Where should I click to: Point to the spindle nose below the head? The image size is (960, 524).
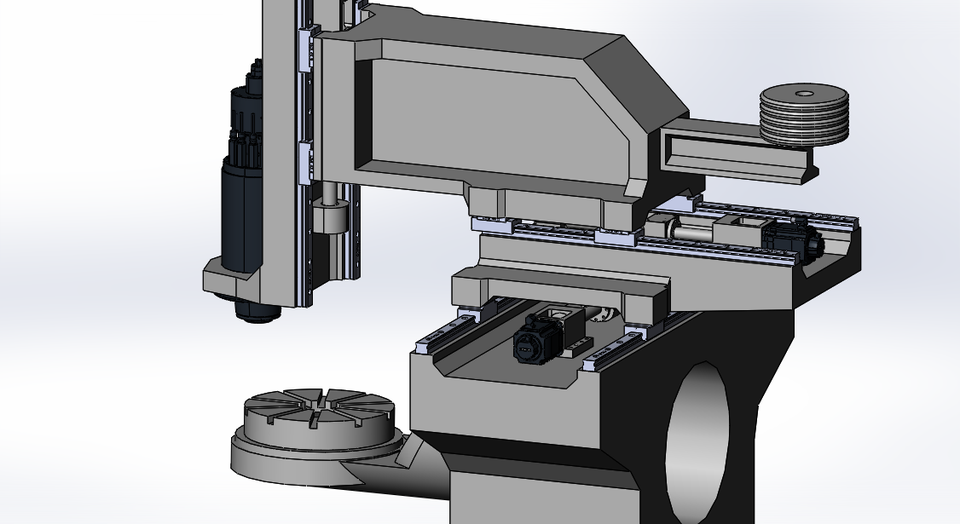point(256,310)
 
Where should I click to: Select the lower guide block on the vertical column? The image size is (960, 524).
point(305,160)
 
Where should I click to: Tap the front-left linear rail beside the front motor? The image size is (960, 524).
point(450,335)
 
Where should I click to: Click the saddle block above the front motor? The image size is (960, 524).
point(560,290)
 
